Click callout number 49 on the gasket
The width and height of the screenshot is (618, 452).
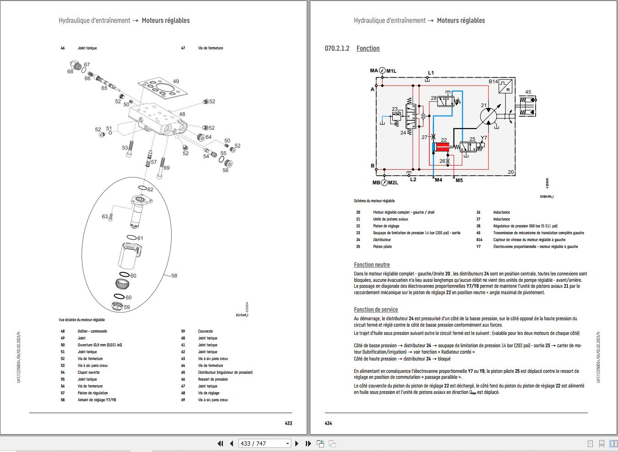(176, 81)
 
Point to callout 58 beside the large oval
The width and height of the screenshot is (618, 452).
(174, 276)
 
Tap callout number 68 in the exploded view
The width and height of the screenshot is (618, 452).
(70, 72)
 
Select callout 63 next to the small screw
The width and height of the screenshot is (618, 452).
(105, 217)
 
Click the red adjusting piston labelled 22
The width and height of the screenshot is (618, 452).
(442, 147)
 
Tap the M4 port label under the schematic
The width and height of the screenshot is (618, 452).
(438, 180)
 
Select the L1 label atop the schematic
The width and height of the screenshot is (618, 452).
(431, 73)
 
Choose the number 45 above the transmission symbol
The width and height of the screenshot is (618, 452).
(528, 92)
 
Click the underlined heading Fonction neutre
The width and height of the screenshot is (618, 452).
(372, 265)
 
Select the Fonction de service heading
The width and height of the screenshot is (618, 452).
(376, 310)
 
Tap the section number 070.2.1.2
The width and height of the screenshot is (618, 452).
(337, 48)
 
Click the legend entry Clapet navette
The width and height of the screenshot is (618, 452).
(88, 372)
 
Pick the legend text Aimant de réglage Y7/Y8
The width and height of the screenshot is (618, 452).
(97, 400)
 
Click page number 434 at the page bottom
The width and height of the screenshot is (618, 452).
(328, 423)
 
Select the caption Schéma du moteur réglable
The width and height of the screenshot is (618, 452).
(374, 201)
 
